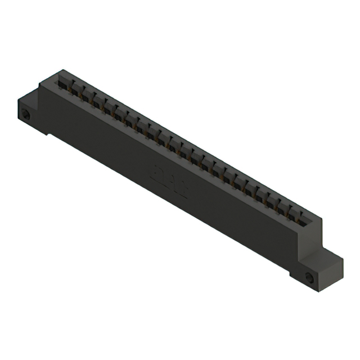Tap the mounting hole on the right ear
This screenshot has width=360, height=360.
point(309,277)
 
